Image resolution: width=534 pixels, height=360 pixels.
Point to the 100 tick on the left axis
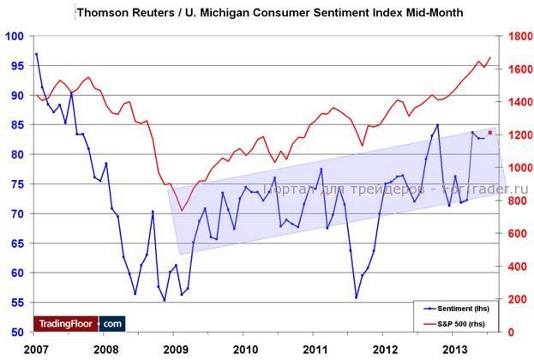point(15,36)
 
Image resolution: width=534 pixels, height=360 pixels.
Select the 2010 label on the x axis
point(246,349)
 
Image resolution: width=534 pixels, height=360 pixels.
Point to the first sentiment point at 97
point(36,54)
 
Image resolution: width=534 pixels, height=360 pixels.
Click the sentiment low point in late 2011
point(356,297)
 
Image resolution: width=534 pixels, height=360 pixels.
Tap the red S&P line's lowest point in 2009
point(181,210)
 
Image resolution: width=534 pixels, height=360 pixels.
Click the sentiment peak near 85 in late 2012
point(437,125)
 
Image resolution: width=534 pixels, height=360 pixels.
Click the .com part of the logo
point(112,323)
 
